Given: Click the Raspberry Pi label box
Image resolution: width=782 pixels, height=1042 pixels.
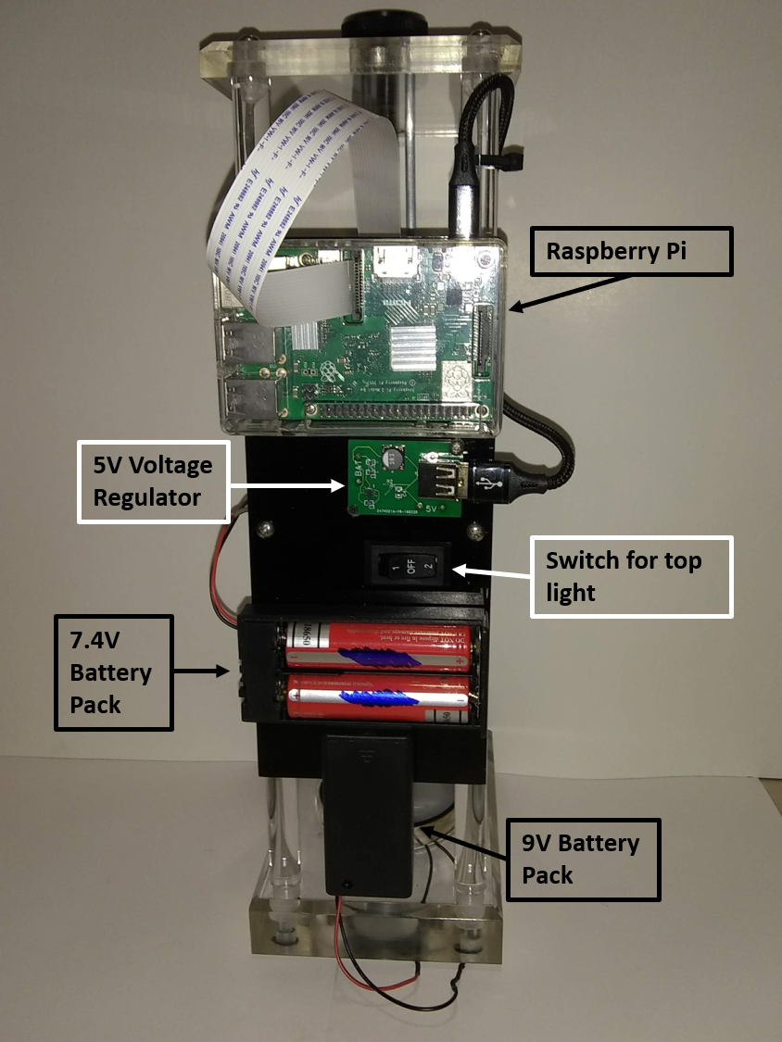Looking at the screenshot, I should coord(631,251).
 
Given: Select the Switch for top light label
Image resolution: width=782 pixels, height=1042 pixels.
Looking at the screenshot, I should coord(631,576).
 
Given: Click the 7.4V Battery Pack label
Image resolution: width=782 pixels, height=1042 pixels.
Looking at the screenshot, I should coord(113,672).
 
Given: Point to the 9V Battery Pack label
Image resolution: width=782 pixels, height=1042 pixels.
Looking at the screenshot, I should coord(582,859).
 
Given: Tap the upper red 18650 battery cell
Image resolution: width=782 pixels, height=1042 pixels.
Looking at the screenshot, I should coord(381,646).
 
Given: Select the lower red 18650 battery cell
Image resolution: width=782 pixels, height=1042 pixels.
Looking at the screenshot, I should coord(381,697).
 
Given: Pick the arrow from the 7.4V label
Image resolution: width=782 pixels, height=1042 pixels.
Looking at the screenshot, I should coord(204,670).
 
